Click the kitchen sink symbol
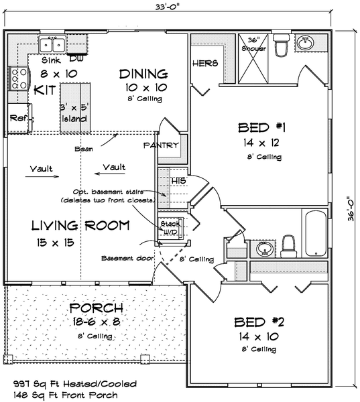point(52,44)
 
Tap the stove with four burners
point(19,78)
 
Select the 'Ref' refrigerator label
point(18,118)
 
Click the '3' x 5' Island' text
point(74,113)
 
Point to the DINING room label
point(143,74)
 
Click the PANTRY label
point(161,145)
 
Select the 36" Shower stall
point(253,59)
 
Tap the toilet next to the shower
point(281,45)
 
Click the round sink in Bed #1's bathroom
point(305,42)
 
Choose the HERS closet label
point(205,63)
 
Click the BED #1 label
point(261,127)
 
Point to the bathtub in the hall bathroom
point(316,233)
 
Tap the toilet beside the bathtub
point(289,247)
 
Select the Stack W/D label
point(170,228)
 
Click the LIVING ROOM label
point(80,225)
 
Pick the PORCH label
point(97,308)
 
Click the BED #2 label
point(259,322)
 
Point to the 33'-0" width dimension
point(167,7)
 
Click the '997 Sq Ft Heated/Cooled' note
point(75,384)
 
